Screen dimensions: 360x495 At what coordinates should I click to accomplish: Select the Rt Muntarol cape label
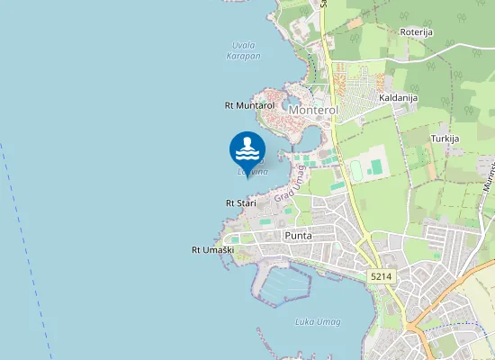point(249,105)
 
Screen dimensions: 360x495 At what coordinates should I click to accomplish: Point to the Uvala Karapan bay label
point(243,49)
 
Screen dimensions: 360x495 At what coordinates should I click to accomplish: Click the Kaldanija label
point(396,97)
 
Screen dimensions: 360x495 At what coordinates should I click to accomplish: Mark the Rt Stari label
point(240,203)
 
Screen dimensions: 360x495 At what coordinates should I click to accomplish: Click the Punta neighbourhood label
point(298,236)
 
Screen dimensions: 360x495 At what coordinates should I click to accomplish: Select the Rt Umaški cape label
point(212,249)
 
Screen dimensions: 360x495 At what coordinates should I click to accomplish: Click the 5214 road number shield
point(381,276)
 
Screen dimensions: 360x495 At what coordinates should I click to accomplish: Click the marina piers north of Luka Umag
point(283,285)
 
